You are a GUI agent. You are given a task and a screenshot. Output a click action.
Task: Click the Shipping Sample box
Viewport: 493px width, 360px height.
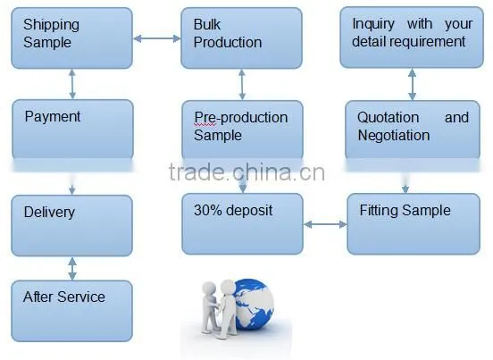(72, 38)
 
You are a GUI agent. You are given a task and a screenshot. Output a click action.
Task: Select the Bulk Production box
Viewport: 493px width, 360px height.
(241, 38)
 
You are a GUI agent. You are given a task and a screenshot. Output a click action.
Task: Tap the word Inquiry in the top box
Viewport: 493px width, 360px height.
(373, 24)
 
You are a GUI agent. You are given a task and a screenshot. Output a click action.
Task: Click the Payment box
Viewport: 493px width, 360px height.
(72, 130)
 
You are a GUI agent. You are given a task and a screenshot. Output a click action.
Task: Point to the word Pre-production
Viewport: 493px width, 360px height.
(241, 118)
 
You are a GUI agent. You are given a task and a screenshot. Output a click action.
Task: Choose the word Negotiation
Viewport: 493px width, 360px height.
(394, 136)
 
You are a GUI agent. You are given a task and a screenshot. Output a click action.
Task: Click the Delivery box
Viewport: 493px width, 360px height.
(72, 225)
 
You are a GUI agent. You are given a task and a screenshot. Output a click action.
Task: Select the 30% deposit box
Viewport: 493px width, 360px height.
(242, 224)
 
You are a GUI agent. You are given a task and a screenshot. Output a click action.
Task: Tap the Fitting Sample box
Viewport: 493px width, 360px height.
(414, 224)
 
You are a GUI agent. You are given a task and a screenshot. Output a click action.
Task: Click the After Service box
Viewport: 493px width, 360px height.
(72, 311)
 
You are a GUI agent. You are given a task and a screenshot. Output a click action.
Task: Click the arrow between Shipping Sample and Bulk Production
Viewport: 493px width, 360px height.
(157, 38)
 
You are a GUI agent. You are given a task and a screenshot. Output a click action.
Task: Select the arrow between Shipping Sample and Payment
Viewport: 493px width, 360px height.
(72, 84)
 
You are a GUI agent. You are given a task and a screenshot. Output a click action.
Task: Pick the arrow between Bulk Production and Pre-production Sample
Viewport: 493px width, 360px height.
(242, 85)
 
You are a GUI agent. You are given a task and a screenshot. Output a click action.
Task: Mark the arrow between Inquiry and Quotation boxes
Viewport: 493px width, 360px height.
(412, 85)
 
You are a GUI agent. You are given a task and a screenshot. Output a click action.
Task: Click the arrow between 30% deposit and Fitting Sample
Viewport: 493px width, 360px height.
(325, 224)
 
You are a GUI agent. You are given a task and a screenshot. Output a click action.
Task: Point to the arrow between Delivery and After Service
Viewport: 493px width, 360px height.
(72, 269)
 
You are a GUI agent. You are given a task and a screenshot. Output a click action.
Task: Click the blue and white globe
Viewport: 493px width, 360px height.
(254, 305)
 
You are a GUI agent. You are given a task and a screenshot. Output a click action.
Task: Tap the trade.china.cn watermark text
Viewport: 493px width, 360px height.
(246, 172)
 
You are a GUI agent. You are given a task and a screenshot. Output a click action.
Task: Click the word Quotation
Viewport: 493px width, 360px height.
(388, 118)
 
